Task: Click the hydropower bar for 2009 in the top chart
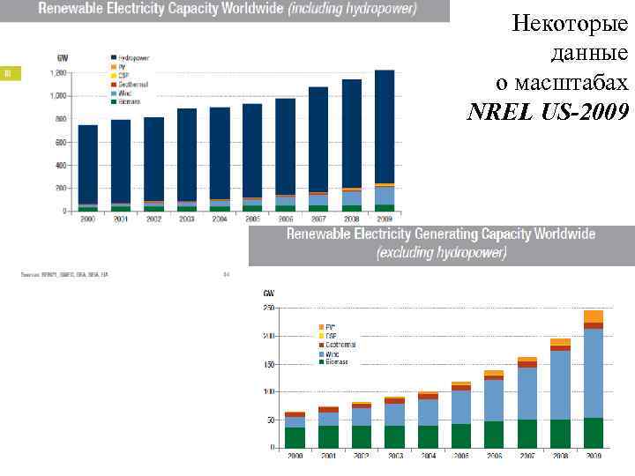385,128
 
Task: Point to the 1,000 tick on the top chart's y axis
56,95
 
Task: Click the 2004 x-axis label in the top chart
220,219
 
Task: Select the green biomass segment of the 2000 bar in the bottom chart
295,438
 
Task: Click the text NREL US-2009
548,112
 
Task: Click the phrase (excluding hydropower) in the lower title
442,252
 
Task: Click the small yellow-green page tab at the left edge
10,72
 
